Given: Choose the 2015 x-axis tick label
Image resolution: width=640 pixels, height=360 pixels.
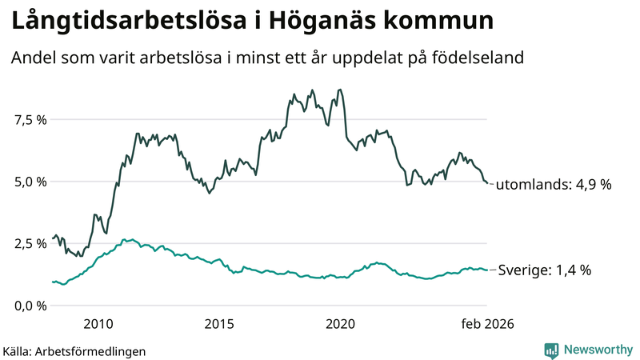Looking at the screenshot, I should point(219,324).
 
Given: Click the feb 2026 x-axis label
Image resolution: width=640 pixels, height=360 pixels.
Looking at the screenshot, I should point(486,324).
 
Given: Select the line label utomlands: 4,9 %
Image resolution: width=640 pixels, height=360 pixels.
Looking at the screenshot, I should point(554,185).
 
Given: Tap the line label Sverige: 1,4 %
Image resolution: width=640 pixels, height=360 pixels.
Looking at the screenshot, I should point(544,270).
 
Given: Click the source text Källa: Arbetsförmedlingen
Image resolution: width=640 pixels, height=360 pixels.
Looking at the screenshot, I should point(74,350).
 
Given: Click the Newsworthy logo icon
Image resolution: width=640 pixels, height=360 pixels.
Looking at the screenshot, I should point(551,350).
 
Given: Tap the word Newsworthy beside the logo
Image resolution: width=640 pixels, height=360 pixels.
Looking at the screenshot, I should point(598,350).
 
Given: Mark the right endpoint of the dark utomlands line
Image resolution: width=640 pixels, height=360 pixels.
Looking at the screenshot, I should point(486,183).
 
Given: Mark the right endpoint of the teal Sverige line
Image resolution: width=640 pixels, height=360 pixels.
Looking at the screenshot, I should point(486,270).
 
